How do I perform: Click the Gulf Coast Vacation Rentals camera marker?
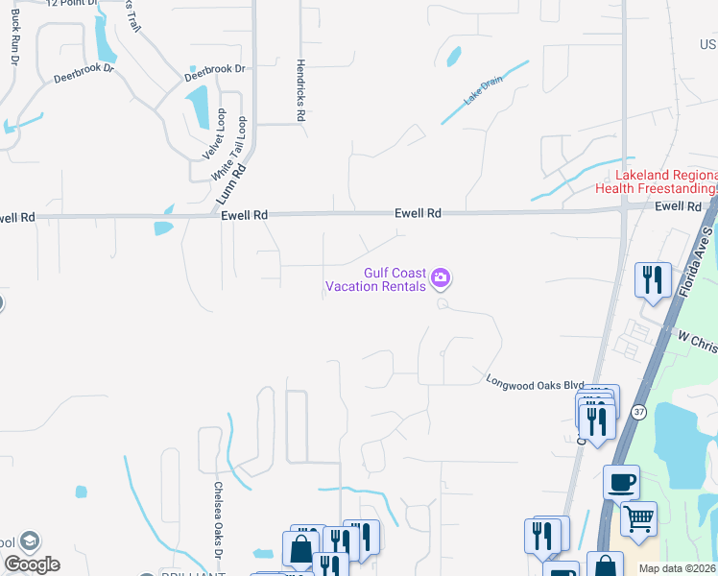pyautogui.click(x=441, y=278)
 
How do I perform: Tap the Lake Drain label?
pyautogui.click(x=483, y=93)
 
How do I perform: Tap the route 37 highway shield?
pyautogui.click(x=638, y=411)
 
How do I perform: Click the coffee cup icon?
pyautogui.click(x=621, y=481)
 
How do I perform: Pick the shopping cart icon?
pyautogui.click(x=638, y=518)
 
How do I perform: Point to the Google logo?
pyautogui.click(x=32, y=564)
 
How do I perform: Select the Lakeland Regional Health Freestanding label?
pyautogui.click(x=666, y=181)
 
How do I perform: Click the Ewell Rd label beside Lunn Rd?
pyautogui.click(x=244, y=217)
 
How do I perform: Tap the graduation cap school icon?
pyautogui.click(x=30, y=541)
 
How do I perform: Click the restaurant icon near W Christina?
pyautogui.click(x=653, y=280)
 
